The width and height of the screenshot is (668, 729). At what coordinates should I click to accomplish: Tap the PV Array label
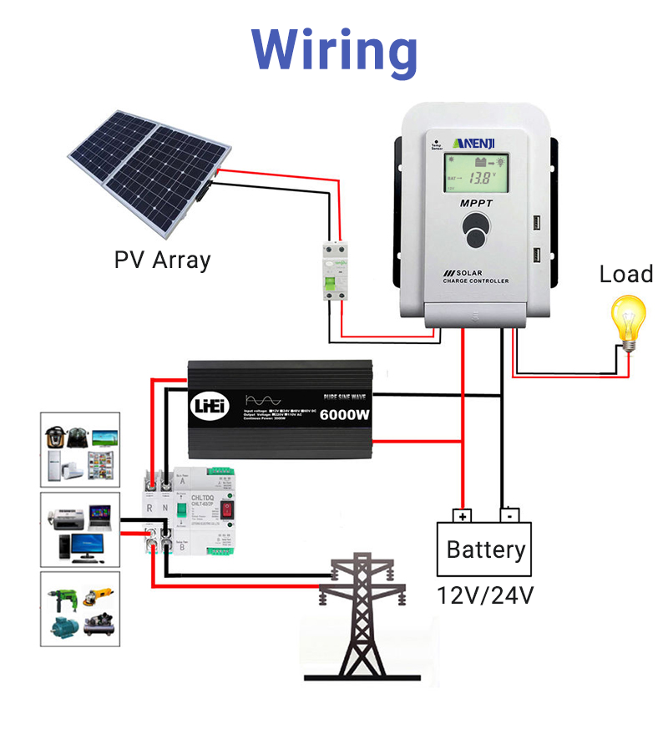(x=162, y=260)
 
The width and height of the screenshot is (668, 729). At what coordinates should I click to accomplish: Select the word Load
(x=625, y=274)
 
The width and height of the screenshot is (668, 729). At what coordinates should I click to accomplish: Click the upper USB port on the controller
(x=534, y=224)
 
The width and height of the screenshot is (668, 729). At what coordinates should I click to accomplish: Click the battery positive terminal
(x=461, y=515)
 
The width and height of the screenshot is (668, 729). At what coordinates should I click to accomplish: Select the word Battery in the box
(x=485, y=550)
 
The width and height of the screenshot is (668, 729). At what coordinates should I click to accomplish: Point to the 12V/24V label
(x=485, y=595)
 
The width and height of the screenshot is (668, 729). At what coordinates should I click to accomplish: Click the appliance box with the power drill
(x=80, y=609)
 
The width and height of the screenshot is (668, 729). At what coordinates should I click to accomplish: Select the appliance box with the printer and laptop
(x=80, y=529)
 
